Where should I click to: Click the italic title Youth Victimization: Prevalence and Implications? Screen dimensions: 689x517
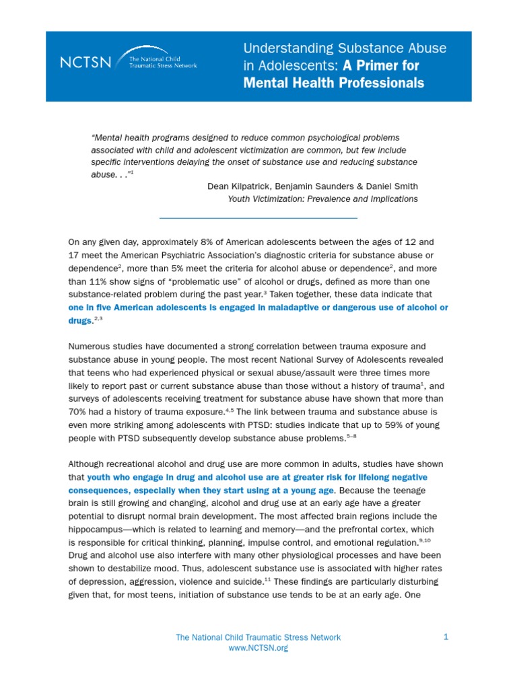322,198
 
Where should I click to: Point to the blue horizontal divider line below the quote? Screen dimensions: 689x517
258,218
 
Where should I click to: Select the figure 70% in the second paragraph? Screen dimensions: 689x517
77,410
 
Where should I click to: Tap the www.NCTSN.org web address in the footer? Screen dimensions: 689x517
258,648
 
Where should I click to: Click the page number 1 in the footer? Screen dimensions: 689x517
446,637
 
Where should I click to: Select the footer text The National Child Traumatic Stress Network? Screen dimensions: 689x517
258,637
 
